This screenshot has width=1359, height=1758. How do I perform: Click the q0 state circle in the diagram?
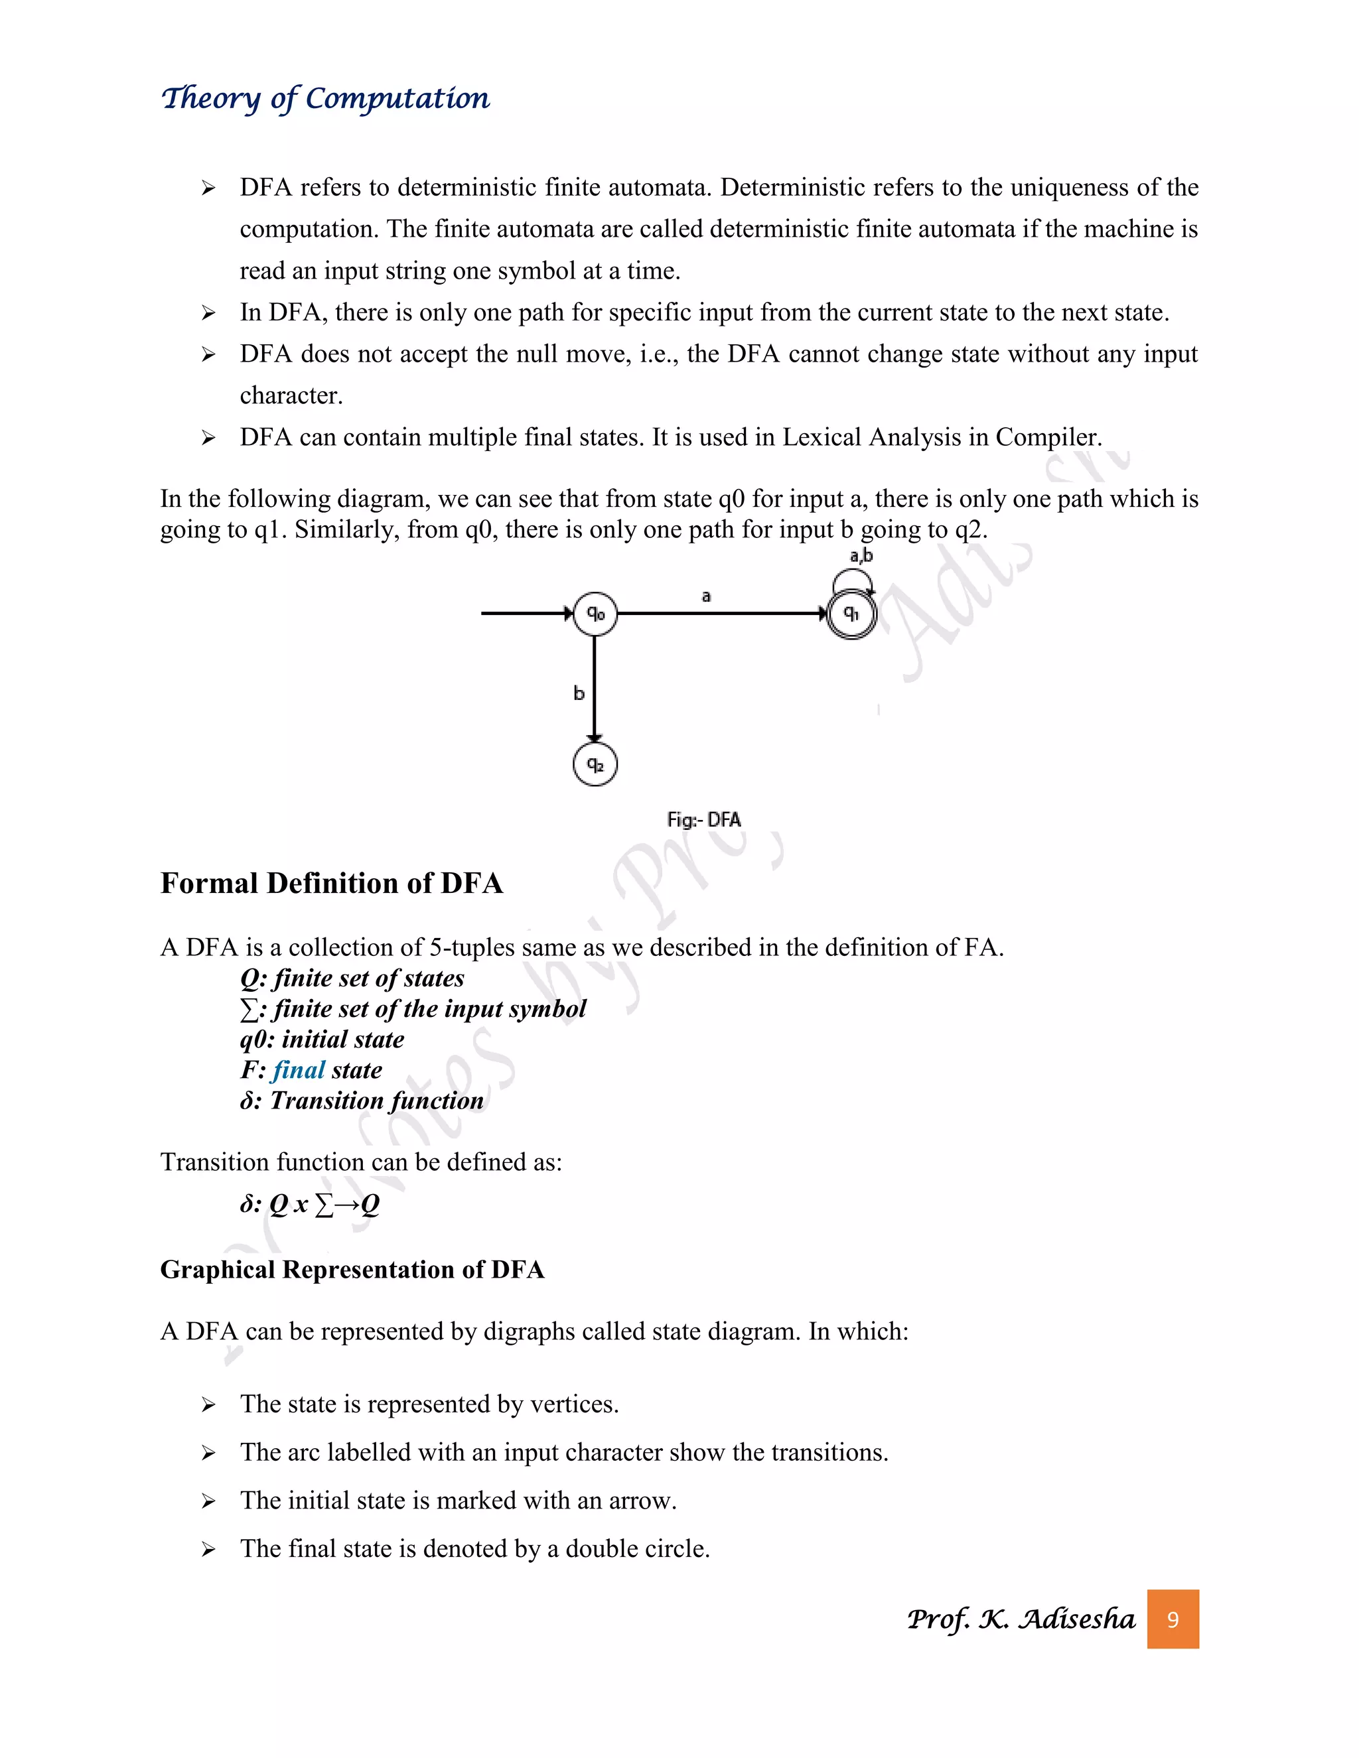pos(595,614)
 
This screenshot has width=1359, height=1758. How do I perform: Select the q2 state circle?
pos(595,765)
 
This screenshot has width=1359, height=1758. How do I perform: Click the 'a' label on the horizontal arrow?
pos(706,596)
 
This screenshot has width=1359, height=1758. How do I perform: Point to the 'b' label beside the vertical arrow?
pos(578,693)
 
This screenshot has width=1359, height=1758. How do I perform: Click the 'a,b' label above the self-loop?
pos(861,555)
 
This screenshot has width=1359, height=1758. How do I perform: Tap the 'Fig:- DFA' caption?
pos(703,819)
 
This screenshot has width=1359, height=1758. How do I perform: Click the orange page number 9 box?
pos(1173,1619)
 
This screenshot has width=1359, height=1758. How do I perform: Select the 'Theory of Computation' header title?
pos(325,98)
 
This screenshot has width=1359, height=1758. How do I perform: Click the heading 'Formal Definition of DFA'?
pos(331,883)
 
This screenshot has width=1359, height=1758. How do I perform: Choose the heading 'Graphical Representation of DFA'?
pos(352,1269)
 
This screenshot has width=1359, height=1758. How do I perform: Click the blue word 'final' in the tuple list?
pos(299,1070)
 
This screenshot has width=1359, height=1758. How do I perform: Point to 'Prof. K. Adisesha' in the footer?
pos(1020,1619)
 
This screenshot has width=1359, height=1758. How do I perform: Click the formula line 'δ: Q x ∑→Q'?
pos(310,1204)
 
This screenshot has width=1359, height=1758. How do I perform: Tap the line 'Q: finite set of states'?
pos(352,978)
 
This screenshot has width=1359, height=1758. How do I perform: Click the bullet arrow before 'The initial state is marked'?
pos(208,1501)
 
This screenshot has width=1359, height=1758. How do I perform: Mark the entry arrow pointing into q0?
pos(528,614)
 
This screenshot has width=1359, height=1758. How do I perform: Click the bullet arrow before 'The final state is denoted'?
pos(208,1550)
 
